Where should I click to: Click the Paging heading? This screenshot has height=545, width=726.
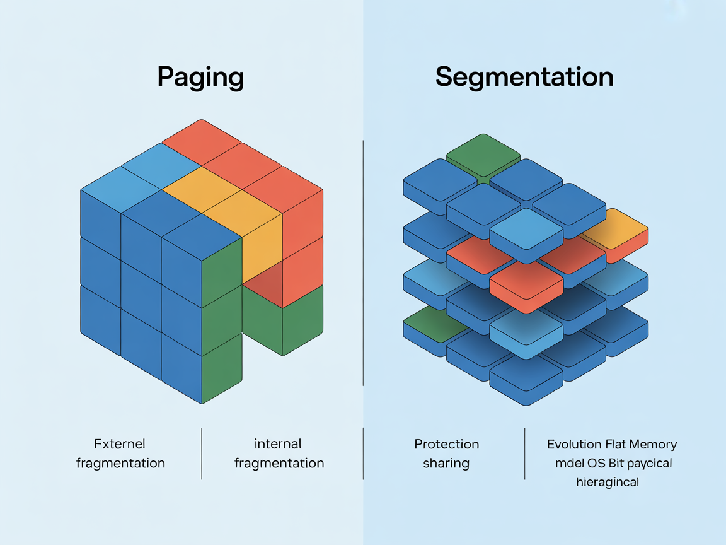click(x=200, y=78)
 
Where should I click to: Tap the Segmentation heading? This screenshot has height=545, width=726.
click(x=524, y=77)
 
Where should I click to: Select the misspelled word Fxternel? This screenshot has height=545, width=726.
click(x=119, y=444)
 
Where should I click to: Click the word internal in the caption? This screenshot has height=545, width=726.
click(x=278, y=444)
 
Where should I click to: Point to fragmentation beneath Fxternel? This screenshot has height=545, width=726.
click(x=120, y=463)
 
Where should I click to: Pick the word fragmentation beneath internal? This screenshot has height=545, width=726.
click(x=279, y=463)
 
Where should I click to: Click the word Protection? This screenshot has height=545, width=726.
click(x=446, y=444)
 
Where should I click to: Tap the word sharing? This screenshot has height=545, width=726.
click(x=446, y=463)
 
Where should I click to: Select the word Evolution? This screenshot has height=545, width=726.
click(x=573, y=444)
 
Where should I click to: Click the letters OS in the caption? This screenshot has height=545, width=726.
click(x=596, y=463)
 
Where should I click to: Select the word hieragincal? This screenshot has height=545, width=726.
click(x=608, y=483)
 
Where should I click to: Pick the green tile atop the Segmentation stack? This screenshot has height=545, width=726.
click(x=483, y=153)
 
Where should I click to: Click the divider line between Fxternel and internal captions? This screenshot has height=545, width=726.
click(x=202, y=454)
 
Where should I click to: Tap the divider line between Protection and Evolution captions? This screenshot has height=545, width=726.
click(x=525, y=454)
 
